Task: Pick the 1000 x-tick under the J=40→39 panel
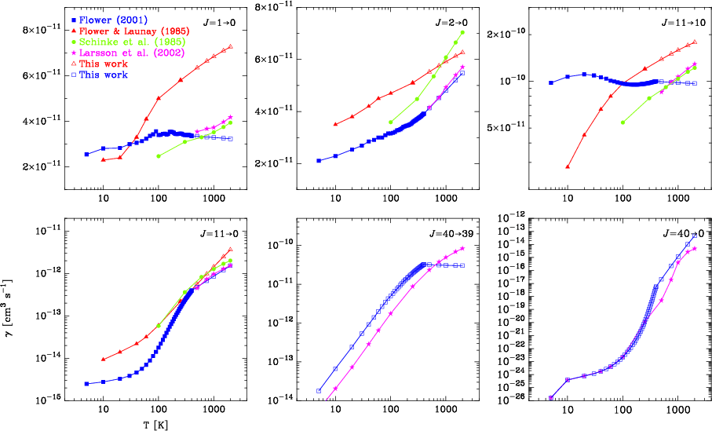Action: [x=446, y=411]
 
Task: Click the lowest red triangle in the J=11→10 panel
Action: [x=568, y=166]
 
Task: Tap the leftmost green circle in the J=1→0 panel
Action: [x=158, y=155]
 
